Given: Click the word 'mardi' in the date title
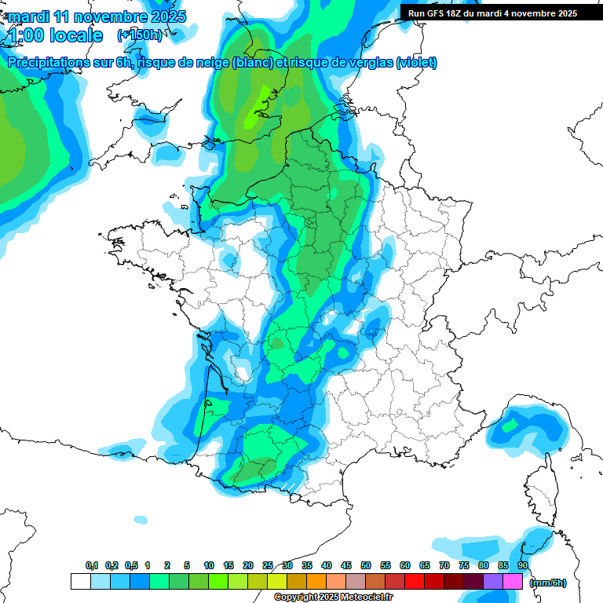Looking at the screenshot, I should (x=26, y=16).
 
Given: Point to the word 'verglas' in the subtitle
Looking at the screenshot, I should (x=367, y=63).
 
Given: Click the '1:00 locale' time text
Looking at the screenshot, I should (x=55, y=35).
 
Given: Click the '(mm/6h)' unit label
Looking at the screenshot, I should (x=547, y=583).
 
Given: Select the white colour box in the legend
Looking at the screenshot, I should (x=80, y=581).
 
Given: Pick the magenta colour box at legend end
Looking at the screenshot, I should (x=512, y=581).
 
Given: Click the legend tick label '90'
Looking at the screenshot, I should (x=523, y=565).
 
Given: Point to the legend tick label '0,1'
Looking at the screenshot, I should (x=92, y=565).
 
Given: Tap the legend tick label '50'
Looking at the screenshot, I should (x=366, y=565).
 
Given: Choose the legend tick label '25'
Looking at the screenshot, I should (x=268, y=565).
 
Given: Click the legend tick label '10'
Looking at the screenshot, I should (x=209, y=565).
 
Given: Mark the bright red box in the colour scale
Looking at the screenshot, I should (x=415, y=581).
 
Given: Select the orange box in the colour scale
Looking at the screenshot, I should (x=316, y=581).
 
